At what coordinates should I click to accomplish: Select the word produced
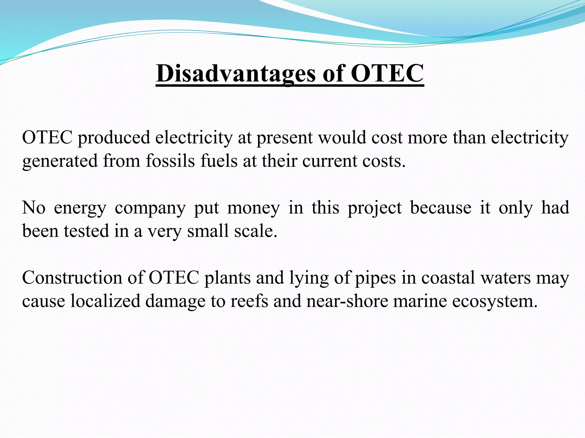coord(114,138)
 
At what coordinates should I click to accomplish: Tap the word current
coord(329,161)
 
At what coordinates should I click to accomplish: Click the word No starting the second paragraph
coord(34,208)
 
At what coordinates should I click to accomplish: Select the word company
coord(150,208)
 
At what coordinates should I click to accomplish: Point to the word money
coord(253,208)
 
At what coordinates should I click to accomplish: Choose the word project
coord(374,208)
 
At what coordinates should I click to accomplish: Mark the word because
coord(440,208)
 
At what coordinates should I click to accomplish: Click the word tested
coord(86,231)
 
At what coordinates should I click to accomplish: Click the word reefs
coord(249,301)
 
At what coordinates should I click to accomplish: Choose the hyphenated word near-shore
coord(347,301)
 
